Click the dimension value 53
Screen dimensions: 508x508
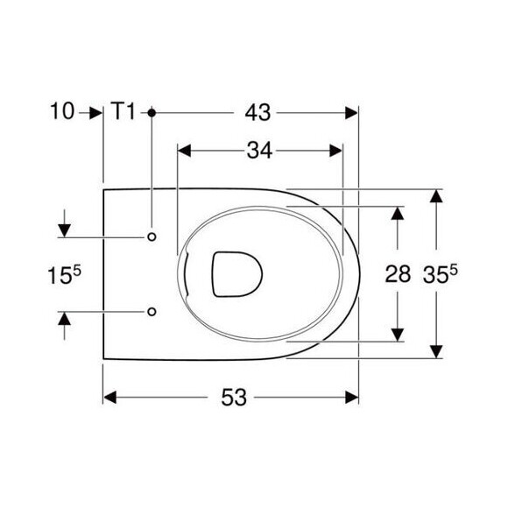[234, 398]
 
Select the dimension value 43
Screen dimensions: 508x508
[258, 113]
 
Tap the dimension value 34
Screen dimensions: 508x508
[259, 151]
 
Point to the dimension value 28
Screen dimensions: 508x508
[398, 274]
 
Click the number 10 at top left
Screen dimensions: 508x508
[62, 111]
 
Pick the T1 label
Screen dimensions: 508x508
[123, 111]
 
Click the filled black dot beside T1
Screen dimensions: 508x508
[152, 113]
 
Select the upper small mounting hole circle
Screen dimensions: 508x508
[152, 236]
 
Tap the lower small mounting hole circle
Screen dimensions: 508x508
[152, 312]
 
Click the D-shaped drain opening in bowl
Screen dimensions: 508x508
[237, 274]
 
